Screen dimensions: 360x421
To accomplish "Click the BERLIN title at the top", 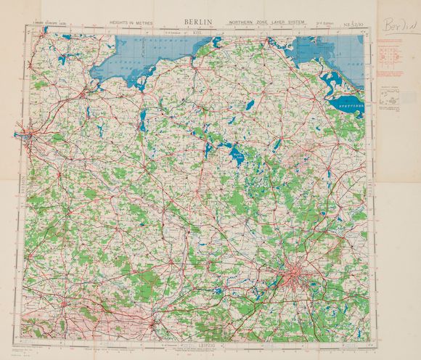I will pyautogui.click(x=198, y=22).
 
